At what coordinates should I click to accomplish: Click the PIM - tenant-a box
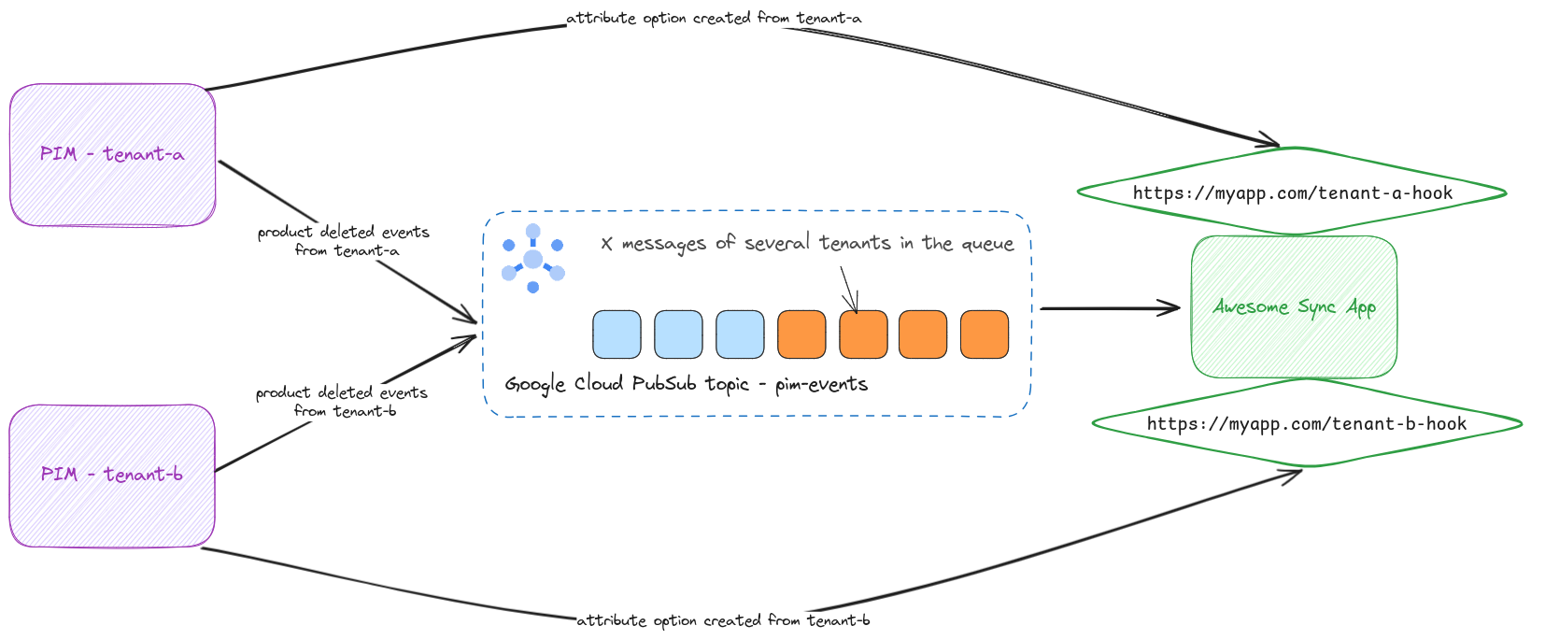pos(112,155)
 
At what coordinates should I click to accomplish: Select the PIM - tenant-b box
pos(112,476)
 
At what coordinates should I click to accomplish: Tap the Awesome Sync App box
pos(1294,307)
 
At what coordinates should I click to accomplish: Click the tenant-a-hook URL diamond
pos(1292,193)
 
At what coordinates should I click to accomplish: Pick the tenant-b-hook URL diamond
pos(1307,424)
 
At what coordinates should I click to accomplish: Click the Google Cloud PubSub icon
pos(532,259)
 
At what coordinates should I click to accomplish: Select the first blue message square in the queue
pos(617,334)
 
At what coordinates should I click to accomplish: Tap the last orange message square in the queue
pos(985,334)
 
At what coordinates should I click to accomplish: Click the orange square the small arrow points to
pos(863,334)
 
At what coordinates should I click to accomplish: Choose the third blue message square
pos(740,334)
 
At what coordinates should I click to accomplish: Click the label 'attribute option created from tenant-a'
pos(714,19)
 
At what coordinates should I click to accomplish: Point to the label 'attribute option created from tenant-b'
pos(723,620)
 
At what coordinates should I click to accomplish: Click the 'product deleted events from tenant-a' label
pos(345,241)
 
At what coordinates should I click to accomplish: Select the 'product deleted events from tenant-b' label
pos(343,402)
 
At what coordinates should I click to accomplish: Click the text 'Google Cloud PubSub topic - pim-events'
pos(687,384)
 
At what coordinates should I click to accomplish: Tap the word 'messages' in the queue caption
pos(663,244)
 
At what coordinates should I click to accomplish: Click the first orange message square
pos(801,334)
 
